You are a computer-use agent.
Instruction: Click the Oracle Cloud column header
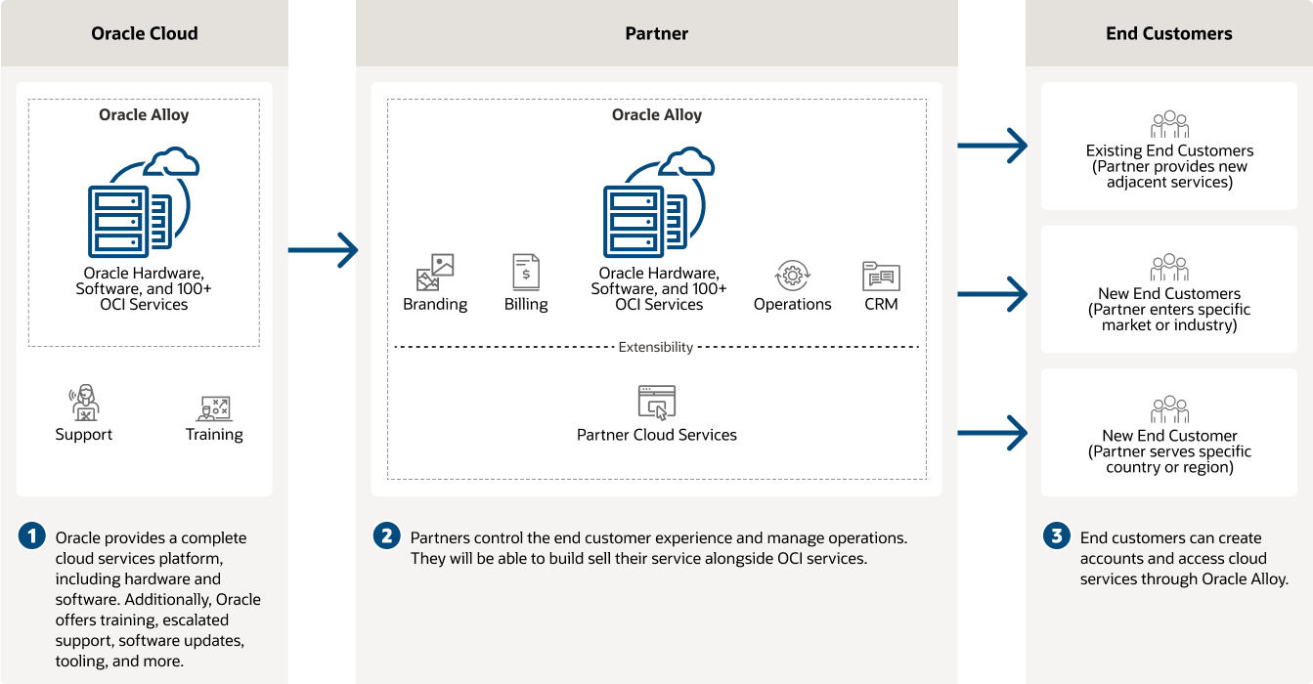pos(145,33)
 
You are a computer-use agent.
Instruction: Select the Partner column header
pos(657,33)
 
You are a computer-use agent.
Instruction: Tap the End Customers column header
pos(1169,33)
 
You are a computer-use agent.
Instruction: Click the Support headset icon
pos(84,403)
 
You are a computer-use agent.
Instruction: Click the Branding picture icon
pos(435,273)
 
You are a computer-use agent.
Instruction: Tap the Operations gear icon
pos(792,276)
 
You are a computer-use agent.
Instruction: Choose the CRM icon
pos(881,276)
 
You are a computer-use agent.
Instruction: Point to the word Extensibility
pos(656,347)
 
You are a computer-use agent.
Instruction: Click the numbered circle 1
pos(32,536)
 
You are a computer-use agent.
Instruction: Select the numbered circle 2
pos(387,536)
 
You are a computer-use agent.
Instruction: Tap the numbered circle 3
pos(1056,536)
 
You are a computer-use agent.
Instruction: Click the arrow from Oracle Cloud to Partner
pos(323,250)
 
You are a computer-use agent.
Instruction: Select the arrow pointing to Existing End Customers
pos(991,146)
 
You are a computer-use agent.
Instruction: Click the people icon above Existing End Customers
pos(1169,125)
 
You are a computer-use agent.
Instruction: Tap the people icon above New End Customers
pos(1169,268)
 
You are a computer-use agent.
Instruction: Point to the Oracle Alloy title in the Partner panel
pos(657,114)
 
